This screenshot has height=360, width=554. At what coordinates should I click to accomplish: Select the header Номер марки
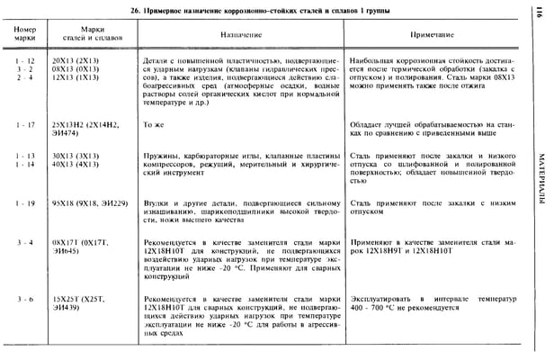[25, 35]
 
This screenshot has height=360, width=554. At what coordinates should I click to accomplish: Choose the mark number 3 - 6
[25, 297]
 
